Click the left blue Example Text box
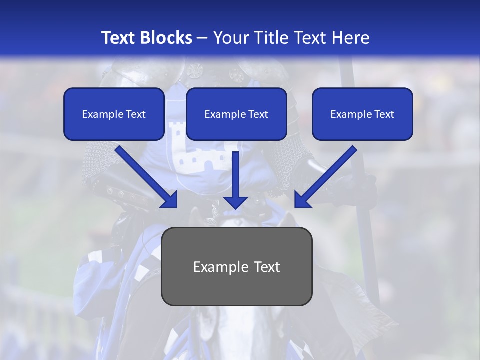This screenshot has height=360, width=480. pyautogui.click(x=114, y=114)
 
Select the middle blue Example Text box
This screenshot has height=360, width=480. pyautogui.click(x=236, y=114)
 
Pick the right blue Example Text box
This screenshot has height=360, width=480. pyautogui.click(x=362, y=114)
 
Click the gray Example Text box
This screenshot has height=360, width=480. pyautogui.click(x=237, y=267)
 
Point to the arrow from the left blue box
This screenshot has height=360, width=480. pyautogui.click(x=145, y=175)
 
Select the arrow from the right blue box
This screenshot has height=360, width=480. pyautogui.click(x=327, y=175)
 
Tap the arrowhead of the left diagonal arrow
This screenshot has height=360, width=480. pyautogui.click(x=170, y=200)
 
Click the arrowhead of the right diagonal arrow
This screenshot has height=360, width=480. pyautogui.click(x=302, y=200)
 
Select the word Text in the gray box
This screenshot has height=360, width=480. pyautogui.click(x=267, y=267)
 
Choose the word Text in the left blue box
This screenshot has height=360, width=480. pyautogui.click(x=135, y=114)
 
